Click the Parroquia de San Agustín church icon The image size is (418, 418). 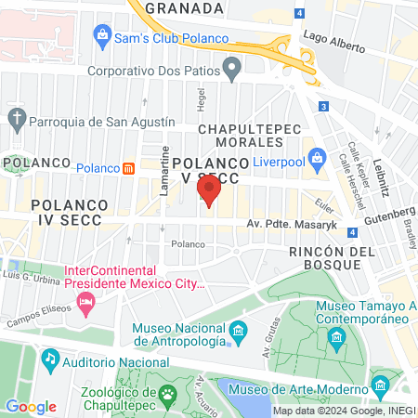click(x=16, y=118)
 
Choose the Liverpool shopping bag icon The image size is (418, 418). click(x=316, y=157)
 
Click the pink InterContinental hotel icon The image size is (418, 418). click(x=86, y=301)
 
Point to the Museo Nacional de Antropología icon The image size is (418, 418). click(x=238, y=331)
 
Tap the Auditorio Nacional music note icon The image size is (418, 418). click(x=50, y=357)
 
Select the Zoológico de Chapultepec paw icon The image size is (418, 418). click(x=167, y=394)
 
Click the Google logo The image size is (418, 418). click(x=31, y=406)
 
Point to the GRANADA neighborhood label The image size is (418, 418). click(x=184, y=7)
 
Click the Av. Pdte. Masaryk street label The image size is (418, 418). click(x=293, y=224)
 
